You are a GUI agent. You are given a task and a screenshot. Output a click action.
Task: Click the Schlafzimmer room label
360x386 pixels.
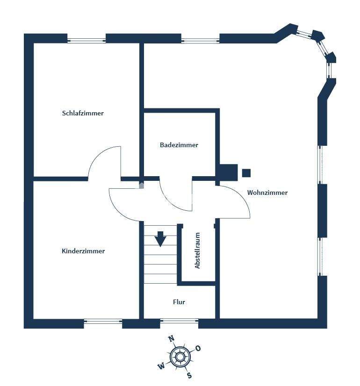tap(83, 113)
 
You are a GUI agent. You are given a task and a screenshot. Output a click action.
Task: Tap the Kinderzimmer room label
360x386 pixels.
tap(83, 251)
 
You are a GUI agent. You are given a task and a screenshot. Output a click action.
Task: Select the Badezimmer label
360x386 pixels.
tap(179, 145)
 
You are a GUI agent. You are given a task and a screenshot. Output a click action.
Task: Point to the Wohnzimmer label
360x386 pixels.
tap(267, 193)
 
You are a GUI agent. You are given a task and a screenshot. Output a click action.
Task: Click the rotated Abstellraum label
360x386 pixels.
tap(197, 250)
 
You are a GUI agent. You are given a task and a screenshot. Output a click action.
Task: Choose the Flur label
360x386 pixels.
tap(179, 302)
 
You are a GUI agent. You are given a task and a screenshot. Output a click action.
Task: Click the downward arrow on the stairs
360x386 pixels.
tap(160, 239)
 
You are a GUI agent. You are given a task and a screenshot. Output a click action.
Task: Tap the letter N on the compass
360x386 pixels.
tap(172, 338)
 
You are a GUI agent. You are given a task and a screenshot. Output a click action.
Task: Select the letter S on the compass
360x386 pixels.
tap(189, 375)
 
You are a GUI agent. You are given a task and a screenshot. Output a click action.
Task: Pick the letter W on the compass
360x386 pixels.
tap(161, 366)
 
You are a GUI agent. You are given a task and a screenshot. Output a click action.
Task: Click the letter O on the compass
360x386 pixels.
tap(198, 348)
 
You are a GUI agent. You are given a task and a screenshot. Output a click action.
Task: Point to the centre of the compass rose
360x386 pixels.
tap(180, 357)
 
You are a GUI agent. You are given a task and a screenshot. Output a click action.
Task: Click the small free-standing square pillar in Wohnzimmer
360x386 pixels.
tap(246, 173)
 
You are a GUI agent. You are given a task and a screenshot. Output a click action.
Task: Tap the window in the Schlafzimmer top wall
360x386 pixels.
tap(86, 41)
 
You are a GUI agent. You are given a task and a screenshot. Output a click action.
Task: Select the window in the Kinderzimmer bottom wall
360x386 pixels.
tap(103, 321)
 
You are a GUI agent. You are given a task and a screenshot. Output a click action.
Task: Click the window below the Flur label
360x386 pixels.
tap(179, 321)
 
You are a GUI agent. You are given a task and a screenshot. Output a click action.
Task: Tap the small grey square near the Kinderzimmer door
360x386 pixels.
tap(141, 186)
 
